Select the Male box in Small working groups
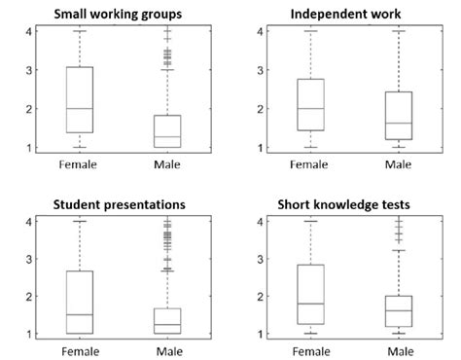click(168, 131)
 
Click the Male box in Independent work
click(399, 116)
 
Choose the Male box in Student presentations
click(168, 321)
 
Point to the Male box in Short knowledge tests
click(399, 311)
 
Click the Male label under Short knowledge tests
click(399, 349)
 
